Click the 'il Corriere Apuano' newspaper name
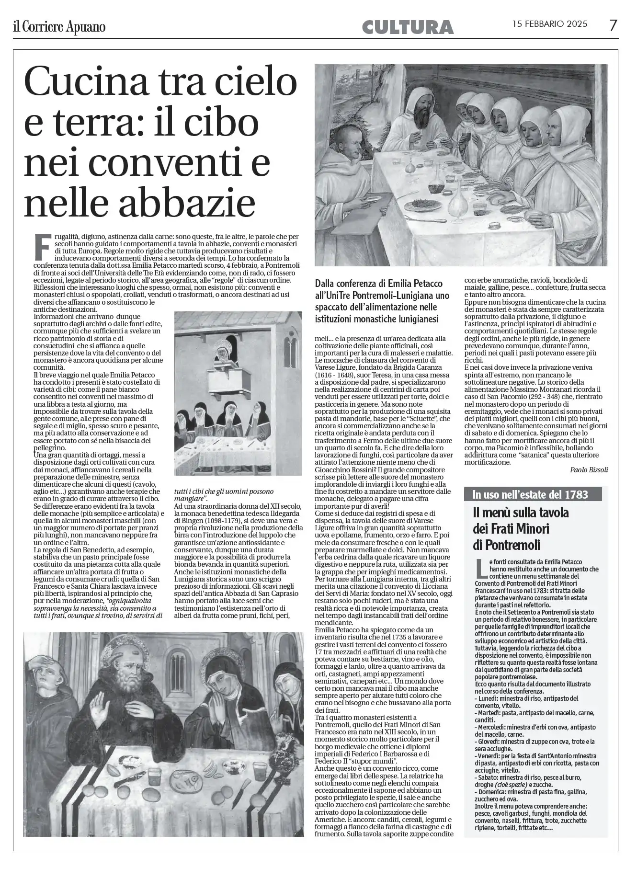(59, 27)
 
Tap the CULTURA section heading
(408, 27)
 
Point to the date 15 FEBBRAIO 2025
(550, 24)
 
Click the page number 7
(613, 25)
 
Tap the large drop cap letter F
(43, 247)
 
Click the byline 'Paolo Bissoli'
(589, 470)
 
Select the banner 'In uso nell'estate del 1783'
(530, 494)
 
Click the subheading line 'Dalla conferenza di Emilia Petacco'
(378, 284)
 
